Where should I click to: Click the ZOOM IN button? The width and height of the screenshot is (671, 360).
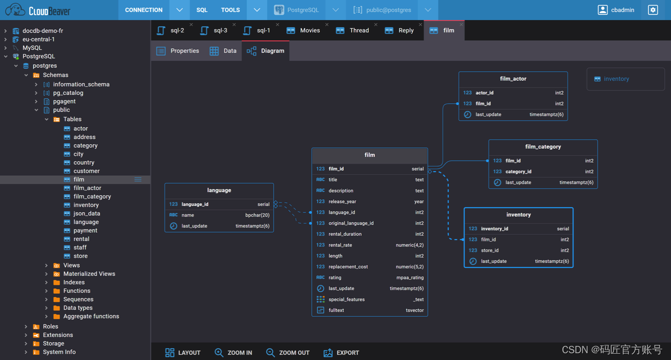click(x=233, y=353)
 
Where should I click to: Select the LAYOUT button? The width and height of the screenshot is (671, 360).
click(x=182, y=353)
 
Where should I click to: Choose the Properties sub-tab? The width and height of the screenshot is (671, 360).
click(x=178, y=51)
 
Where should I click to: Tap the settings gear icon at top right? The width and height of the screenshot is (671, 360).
click(x=653, y=10)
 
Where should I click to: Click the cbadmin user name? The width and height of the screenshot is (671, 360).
click(x=623, y=10)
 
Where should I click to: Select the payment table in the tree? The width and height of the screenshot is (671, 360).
click(x=85, y=231)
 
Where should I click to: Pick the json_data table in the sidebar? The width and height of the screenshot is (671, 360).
click(x=87, y=213)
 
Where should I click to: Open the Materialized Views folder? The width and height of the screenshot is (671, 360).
click(x=89, y=274)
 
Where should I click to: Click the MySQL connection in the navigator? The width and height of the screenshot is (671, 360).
click(x=32, y=48)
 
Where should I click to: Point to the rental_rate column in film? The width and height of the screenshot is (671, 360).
click(x=340, y=245)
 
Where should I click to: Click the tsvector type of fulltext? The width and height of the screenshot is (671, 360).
click(x=414, y=310)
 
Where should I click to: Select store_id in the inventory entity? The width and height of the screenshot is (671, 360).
click(x=490, y=250)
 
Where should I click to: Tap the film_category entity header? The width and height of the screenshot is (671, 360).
click(x=543, y=147)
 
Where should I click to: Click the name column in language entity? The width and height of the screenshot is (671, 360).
click(x=188, y=215)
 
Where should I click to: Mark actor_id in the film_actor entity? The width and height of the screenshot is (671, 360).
click(x=484, y=93)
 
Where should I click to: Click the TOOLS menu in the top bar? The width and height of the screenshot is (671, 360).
click(x=230, y=10)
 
